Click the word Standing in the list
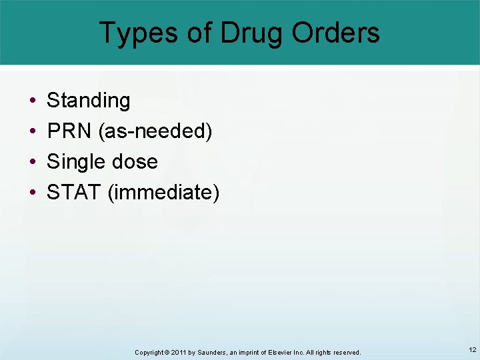tap(89, 101)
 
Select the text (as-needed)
tap(155, 132)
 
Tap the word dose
tap(136, 162)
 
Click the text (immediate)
tap(163, 193)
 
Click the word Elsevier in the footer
tap(273, 352)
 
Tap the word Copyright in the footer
tap(149, 352)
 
